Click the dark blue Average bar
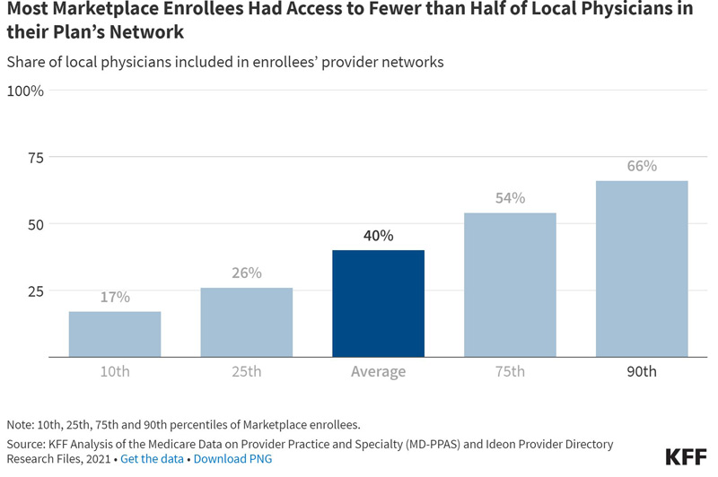point(378,303)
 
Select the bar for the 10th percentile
point(115,334)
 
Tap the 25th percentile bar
point(246,322)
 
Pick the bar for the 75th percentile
point(510,284)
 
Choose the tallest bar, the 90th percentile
point(642,268)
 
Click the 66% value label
point(642,166)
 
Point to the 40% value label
point(378,236)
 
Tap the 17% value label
point(115,297)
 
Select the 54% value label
point(510,197)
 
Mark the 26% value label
point(246,273)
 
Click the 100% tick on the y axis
point(25,91)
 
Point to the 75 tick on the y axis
point(36,158)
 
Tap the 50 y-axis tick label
point(36,224)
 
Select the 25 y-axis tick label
point(36,291)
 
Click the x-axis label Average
point(378,371)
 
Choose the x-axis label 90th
point(642,371)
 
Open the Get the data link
point(152,459)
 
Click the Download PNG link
point(232,459)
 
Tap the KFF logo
point(686,457)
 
